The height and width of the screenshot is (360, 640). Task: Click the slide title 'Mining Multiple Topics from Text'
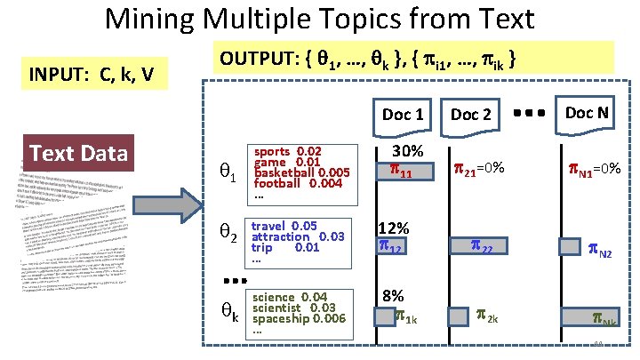pyautogui.click(x=320, y=20)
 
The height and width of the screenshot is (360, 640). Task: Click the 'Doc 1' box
pyautogui.click(x=402, y=114)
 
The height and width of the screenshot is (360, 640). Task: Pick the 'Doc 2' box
pyautogui.click(x=470, y=114)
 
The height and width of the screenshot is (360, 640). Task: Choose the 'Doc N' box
pyautogui.click(x=586, y=112)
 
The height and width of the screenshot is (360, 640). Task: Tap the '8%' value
pyautogui.click(x=393, y=296)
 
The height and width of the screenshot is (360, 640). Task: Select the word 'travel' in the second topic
pyautogui.click(x=269, y=226)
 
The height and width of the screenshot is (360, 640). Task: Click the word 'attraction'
pyautogui.click(x=280, y=236)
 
